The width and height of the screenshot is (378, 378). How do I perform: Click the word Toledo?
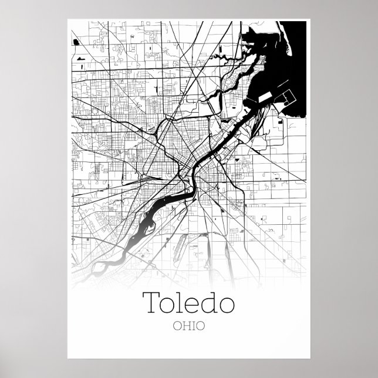click(188, 303)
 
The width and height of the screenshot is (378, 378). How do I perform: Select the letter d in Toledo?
click(209, 303)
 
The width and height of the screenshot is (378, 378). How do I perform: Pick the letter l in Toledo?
click(181, 302)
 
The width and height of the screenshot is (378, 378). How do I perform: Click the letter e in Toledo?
click(193, 305)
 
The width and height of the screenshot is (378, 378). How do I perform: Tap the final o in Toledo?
click(226, 305)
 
